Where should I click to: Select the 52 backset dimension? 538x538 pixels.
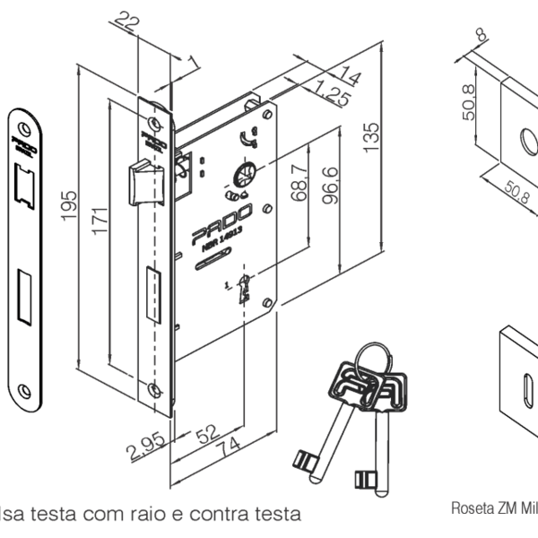click(208, 432)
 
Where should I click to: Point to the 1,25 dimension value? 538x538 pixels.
click(331, 93)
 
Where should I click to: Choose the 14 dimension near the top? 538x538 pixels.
click(348, 78)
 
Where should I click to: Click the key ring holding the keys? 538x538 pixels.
click(370, 357)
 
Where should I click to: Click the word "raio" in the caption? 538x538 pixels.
click(186, 515)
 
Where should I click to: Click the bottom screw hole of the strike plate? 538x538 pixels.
click(22, 389)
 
